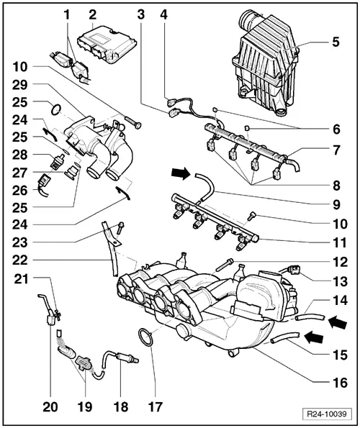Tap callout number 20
[x=49, y=406]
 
